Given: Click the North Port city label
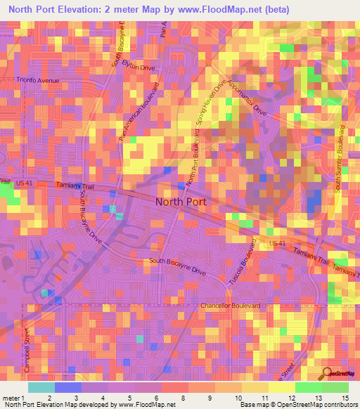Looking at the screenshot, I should coord(180,202).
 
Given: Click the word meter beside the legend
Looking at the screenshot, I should coord(10,397).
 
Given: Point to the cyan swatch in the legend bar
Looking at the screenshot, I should coord(41,387).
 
